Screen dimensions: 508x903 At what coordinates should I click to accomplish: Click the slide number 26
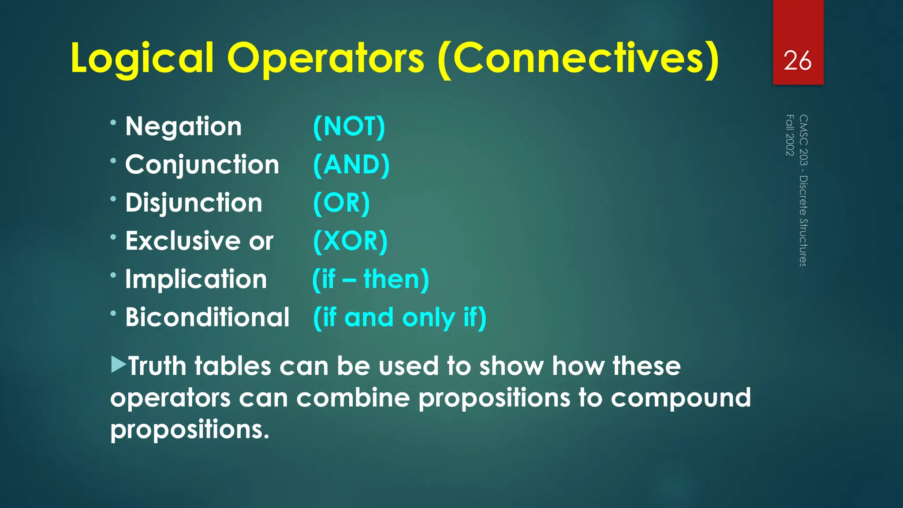click(x=798, y=60)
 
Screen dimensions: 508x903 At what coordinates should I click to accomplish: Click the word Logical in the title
click(x=142, y=59)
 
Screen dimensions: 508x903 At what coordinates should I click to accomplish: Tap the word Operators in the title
click(x=325, y=59)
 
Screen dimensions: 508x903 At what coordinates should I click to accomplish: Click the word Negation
click(x=183, y=127)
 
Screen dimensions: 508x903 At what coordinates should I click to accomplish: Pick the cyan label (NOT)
click(x=349, y=127)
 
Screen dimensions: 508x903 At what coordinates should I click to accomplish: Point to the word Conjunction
click(x=202, y=165)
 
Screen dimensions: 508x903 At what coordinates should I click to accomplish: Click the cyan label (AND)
click(x=351, y=165)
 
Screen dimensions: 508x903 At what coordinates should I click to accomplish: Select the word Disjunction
click(x=194, y=203)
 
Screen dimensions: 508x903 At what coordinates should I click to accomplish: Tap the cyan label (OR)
click(x=341, y=203)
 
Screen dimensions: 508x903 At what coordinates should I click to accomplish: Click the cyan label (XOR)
click(x=350, y=241)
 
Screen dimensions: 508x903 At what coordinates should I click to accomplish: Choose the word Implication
click(x=196, y=280)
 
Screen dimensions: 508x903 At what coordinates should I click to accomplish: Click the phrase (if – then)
click(x=370, y=280)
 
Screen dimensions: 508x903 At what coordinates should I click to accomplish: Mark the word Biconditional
click(x=207, y=317)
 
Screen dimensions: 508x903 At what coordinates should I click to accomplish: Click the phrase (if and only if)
click(x=399, y=317)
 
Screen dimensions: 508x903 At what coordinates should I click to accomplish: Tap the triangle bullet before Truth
click(x=118, y=365)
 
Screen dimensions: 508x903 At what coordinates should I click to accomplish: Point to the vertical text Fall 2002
click(x=790, y=135)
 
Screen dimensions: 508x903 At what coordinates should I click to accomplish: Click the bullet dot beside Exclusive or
click(x=113, y=237)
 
